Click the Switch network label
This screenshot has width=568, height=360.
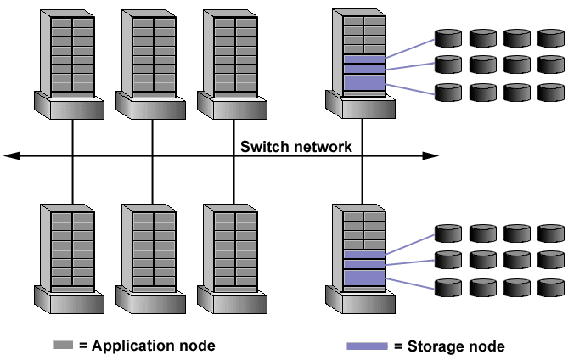pos(295,147)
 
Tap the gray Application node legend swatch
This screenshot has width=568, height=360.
pos(64,346)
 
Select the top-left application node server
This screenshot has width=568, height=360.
pos(70,59)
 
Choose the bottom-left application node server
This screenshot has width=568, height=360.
pos(70,255)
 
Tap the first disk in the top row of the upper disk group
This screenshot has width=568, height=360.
pos(447,38)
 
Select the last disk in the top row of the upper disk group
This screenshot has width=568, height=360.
pos(550,38)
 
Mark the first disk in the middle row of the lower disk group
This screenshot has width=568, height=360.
pos(447,259)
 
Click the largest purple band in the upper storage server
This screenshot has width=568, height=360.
pos(363,82)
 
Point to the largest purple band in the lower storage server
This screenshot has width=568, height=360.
pos(363,278)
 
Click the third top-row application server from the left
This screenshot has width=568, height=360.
pos(234,59)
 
